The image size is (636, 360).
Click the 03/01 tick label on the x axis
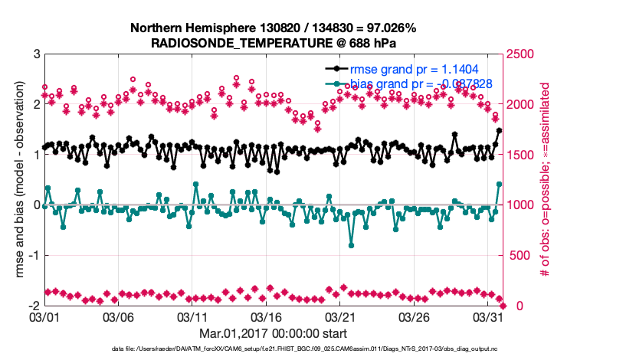click(x=44, y=316)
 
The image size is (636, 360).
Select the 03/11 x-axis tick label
click(x=192, y=316)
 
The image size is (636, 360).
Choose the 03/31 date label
click(x=489, y=316)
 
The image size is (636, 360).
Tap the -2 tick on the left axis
click(x=33, y=306)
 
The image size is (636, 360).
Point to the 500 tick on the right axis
click(x=518, y=255)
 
